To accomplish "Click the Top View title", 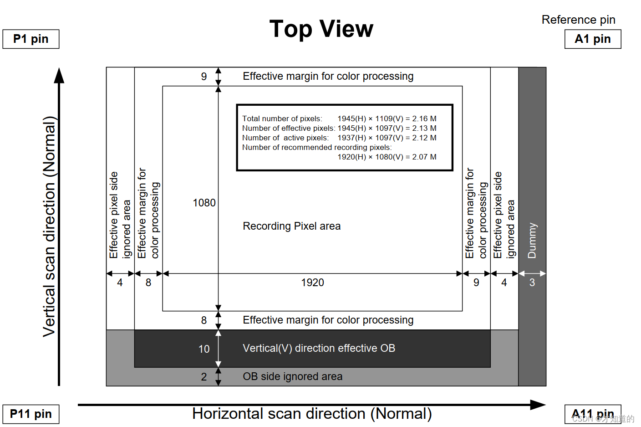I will (321, 29).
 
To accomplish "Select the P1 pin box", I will (31, 39).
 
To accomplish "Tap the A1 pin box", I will (593, 39).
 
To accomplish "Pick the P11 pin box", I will (31, 414).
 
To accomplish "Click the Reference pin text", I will (578, 20).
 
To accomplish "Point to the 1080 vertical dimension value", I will (204, 203).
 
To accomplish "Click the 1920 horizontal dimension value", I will (312, 283).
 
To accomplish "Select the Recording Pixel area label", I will (291, 226).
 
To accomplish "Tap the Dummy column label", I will (532, 241).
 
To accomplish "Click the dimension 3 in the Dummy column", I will (532, 283).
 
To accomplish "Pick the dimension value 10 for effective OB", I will (204, 349).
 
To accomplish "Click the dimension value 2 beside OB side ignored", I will (204, 377).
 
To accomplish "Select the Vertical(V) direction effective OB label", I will (319, 348).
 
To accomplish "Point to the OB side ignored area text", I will (292, 376).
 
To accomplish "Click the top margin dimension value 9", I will (204, 77).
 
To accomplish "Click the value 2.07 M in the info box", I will (424, 157).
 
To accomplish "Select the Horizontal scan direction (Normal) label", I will (312, 414).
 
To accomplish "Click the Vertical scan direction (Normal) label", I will (49, 226).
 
